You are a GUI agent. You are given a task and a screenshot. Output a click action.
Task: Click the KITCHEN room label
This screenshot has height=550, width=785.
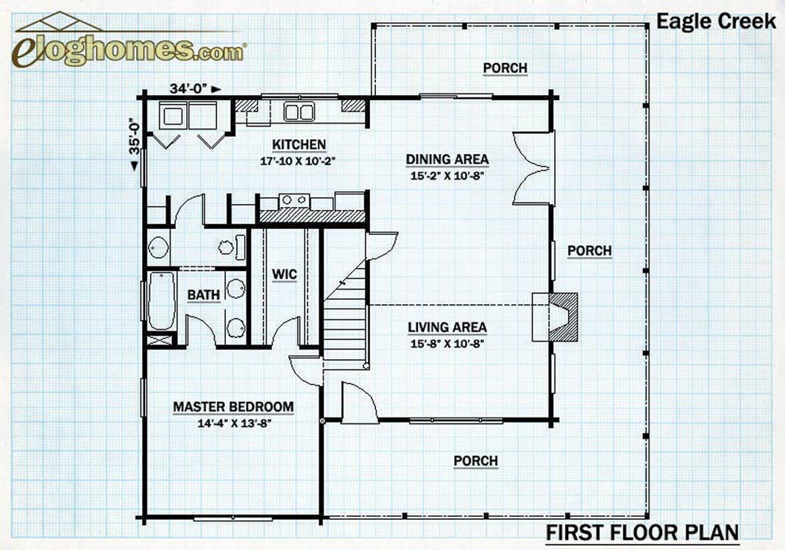click(x=299, y=144)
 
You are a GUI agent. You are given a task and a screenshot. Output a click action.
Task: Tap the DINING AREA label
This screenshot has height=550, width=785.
click(x=447, y=159)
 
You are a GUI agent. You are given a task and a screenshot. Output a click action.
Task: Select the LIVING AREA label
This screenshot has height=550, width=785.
click(x=447, y=327)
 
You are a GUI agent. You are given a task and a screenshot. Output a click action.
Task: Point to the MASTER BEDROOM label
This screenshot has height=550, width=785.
click(x=233, y=406)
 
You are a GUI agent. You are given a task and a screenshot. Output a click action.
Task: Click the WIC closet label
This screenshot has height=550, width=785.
click(x=285, y=275)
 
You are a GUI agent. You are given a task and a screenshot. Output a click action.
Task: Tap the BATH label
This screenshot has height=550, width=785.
click(x=204, y=295)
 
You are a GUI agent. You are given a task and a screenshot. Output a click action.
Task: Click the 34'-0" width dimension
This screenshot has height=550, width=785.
click(x=188, y=88)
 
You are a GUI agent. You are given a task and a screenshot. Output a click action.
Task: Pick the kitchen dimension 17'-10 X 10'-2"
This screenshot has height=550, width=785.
click(x=297, y=161)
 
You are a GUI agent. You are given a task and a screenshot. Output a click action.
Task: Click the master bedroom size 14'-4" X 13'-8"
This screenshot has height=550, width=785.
click(x=234, y=423)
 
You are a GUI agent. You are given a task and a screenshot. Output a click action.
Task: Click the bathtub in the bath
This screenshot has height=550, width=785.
click(x=162, y=300)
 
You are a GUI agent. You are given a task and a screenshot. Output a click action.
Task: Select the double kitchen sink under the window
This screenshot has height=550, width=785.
click(x=299, y=111)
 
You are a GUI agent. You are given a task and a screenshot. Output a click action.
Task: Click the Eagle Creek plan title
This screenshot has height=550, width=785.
click(x=716, y=21)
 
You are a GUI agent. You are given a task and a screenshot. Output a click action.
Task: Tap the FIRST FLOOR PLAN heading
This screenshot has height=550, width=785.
click(x=642, y=532)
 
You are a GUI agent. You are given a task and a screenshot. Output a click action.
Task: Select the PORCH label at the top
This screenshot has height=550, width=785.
click(x=505, y=68)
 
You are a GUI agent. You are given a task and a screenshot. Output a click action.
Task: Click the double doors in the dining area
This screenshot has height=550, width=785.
click(x=533, y=169)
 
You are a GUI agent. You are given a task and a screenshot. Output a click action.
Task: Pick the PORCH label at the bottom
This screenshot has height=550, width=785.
click(x=475, y=461)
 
